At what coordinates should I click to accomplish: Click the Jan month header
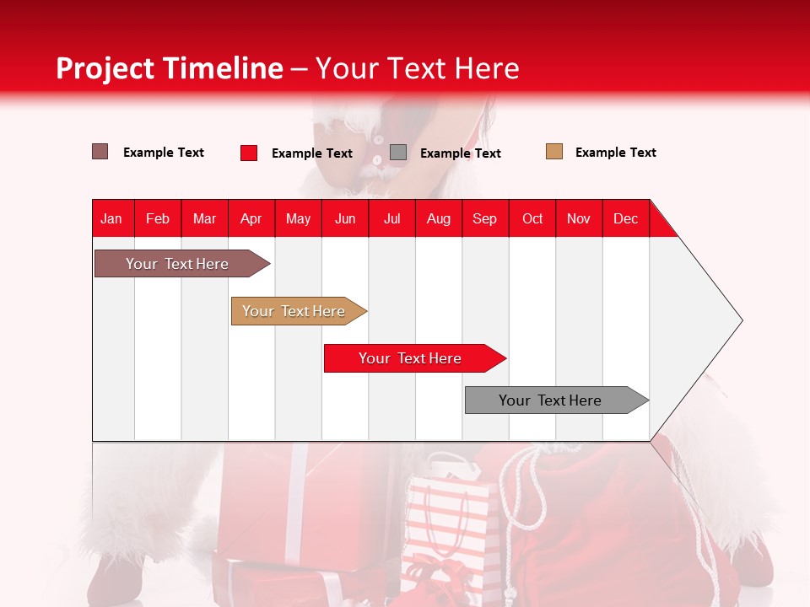tap(112, 218)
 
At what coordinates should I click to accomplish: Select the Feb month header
tap(158, 218)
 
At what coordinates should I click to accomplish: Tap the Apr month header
tap(251, 218)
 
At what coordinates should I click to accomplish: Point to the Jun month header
tap(345, 218)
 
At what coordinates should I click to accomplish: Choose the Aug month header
tap(439, 218)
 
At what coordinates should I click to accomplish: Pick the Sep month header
tap(485, 218)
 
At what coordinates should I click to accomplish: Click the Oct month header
tap(532, 218)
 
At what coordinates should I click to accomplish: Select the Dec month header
tap(626, 218)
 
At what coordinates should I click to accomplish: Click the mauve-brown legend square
tap(100, 152)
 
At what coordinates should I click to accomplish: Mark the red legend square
tap(249, 153)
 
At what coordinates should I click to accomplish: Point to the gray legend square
tap(398, 153)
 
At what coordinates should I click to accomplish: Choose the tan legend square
tap(554, 152)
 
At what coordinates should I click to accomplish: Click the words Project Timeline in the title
tap(170, 68)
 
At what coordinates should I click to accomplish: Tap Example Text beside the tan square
tap(616, 153)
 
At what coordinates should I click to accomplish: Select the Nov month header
tap(579, 218)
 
